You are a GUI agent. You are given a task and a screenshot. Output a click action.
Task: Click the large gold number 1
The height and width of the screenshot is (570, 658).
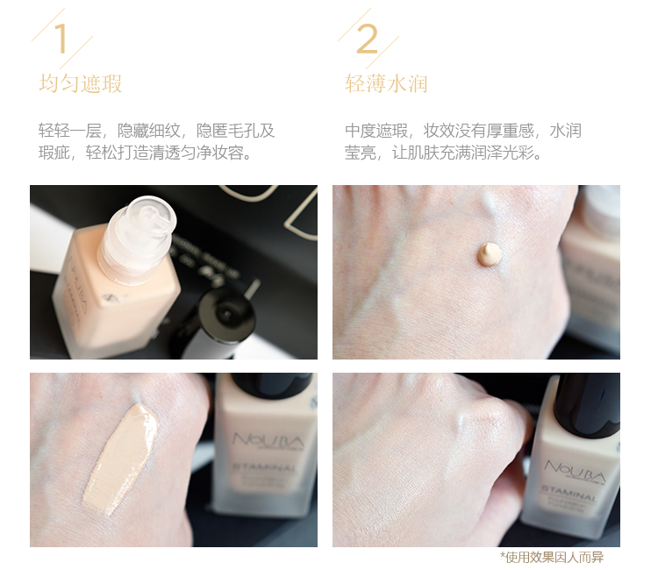[61, 39]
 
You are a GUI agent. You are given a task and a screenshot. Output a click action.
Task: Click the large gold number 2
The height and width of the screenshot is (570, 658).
[367, 39]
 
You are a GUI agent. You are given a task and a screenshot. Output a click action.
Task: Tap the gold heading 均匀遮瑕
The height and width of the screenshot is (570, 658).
[80, 83]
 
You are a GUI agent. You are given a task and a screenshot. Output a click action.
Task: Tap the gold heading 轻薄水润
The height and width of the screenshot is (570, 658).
[386, 83]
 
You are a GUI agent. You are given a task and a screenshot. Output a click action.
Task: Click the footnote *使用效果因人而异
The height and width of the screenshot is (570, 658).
[552, 558]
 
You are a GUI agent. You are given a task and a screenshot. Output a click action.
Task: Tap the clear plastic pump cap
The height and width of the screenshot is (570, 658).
[138, 239]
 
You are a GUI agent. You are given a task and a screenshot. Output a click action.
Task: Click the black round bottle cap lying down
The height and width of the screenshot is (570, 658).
[225, 315]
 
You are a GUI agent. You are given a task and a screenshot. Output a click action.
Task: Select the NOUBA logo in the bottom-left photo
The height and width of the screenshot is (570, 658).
[268, 440]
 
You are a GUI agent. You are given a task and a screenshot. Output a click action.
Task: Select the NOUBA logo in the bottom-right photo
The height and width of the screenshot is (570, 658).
[575, 471]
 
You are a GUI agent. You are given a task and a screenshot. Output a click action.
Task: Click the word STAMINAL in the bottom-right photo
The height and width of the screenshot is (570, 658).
[569, 493]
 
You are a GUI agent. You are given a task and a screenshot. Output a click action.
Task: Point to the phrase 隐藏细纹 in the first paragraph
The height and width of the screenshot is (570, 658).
[148, 131]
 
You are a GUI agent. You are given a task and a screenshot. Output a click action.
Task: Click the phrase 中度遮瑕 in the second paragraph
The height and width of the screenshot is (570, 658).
[376, 131]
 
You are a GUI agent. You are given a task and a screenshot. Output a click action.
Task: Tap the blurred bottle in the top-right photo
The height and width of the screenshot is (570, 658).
[590, 268]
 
